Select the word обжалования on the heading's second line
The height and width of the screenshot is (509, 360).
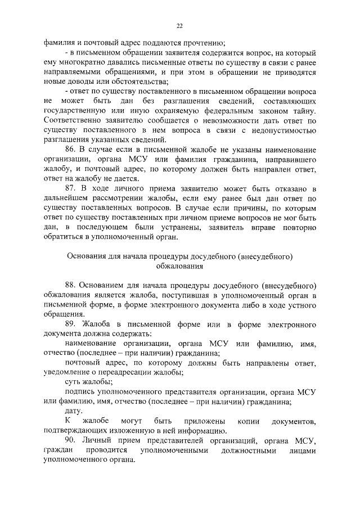(179, 266)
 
